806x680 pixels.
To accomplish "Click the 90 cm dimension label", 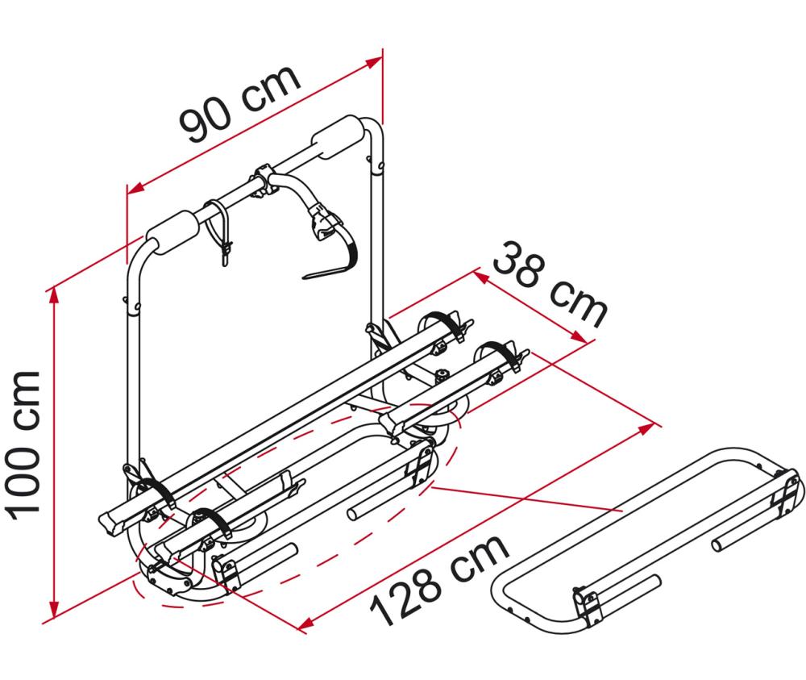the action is (x=239, y=103).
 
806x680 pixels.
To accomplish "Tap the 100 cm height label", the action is (x=23, y=445).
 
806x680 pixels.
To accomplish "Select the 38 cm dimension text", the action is (x=550, y=286).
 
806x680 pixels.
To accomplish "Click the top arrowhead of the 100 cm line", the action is (x=53, y=296).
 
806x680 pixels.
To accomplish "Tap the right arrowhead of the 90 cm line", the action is (x=374, y=62).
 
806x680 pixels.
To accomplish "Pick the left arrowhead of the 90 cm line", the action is (x=135, y=188).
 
